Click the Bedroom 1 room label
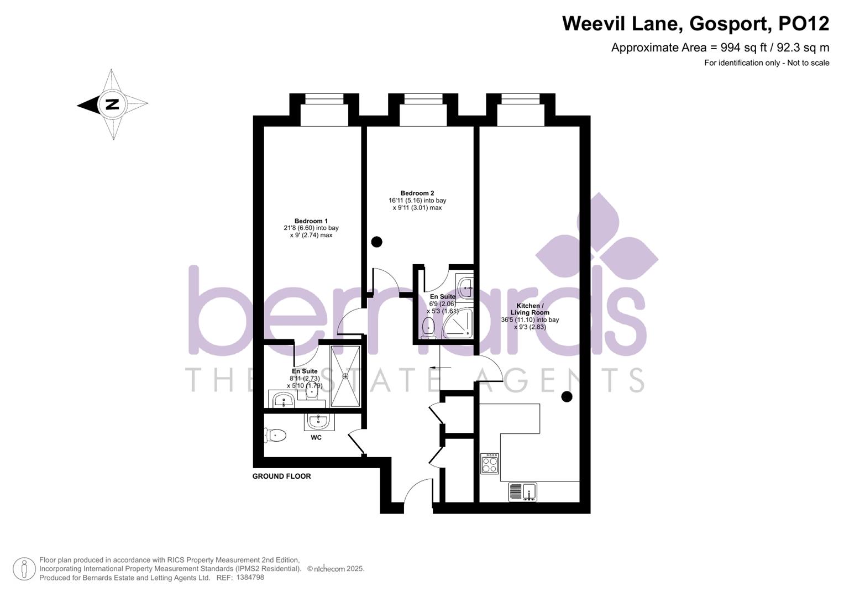pyautogui.click(x=311, y=221)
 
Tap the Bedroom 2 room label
pyautogui.click(x=417, y=193)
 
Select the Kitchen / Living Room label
pyautogui.click(x=530, y=309)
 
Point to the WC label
pyautogui.click(x=316, y=438)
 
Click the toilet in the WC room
pyautogui.click(x=275, y=436)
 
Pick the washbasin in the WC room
pyautogui.click(x=319, y=422)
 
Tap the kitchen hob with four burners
pyautogui.click(x=489, y=463)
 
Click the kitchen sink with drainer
pyautogui.click(x=522, y=491)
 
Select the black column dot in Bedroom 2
pyautogui.click(x=376, y=242)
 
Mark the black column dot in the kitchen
pyautogui.click(x=567, y=396)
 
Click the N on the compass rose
pyautogui.click(x=112, y=104)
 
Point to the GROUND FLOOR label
pyautogui.click(x=281, y=476)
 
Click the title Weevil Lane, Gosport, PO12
pyautogui.click(x=695, y=24)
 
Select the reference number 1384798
pyautogui.click(x=250, y=578)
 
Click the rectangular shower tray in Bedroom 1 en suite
pyautogui.click(x=345, y=376)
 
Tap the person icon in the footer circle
pyautogui.click(x=24, y=569)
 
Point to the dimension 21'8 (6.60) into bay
pyautogui.click(x=311, y=228)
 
